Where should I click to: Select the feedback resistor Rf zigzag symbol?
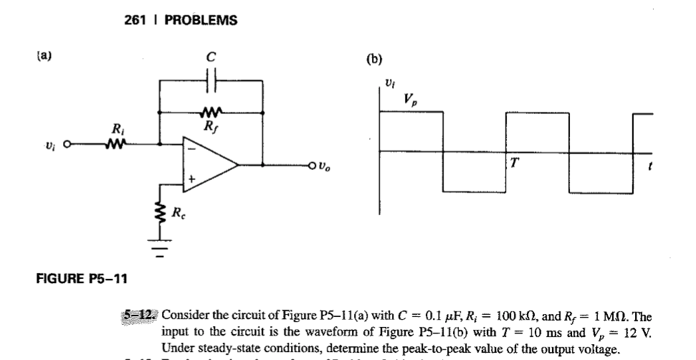(x=211, y=113)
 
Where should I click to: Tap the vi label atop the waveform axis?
(x=388, y=84)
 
